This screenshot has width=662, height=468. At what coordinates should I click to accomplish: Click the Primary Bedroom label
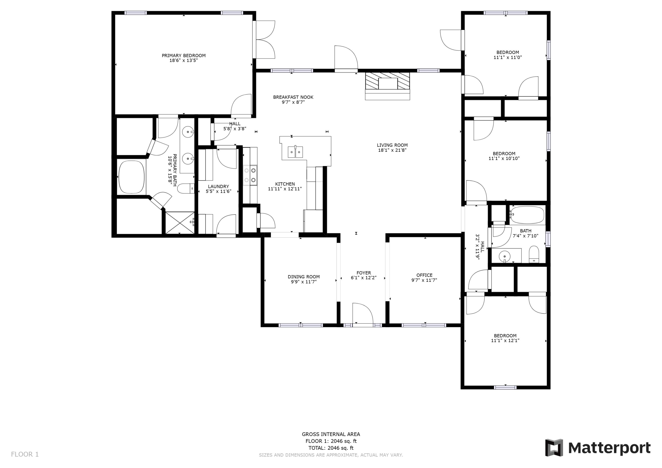(x=184, y=56)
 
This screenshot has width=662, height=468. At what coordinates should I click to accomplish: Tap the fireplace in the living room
(x=387, y=86)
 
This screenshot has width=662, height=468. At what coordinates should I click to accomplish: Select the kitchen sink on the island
(x=295, y=152)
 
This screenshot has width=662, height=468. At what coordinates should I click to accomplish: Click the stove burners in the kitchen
(x=250, y=175)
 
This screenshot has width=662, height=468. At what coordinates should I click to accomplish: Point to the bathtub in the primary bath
(x=132, y=177)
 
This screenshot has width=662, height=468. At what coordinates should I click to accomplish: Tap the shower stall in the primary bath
(x=180, y=223)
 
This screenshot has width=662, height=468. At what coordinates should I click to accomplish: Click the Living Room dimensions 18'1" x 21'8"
(x=392, y=150)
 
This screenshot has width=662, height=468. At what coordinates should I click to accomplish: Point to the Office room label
(x=424, y=275)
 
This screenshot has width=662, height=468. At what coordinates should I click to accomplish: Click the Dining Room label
(x=304, y=277)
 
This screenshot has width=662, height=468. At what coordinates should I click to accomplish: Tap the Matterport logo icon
(x=554, y=448)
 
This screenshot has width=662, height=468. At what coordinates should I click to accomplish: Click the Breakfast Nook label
(x=293, y=97)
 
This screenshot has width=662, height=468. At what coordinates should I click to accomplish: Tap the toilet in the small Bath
(x=534, y=254)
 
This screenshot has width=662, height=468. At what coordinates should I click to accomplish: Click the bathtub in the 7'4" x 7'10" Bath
(x=527, y=215)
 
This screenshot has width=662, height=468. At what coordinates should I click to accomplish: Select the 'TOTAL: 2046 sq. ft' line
(x=331, y=448)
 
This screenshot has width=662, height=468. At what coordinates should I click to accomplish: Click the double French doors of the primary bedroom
(x=264, y=39)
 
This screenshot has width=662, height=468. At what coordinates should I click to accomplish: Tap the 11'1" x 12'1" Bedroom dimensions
(x=505, y=340)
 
